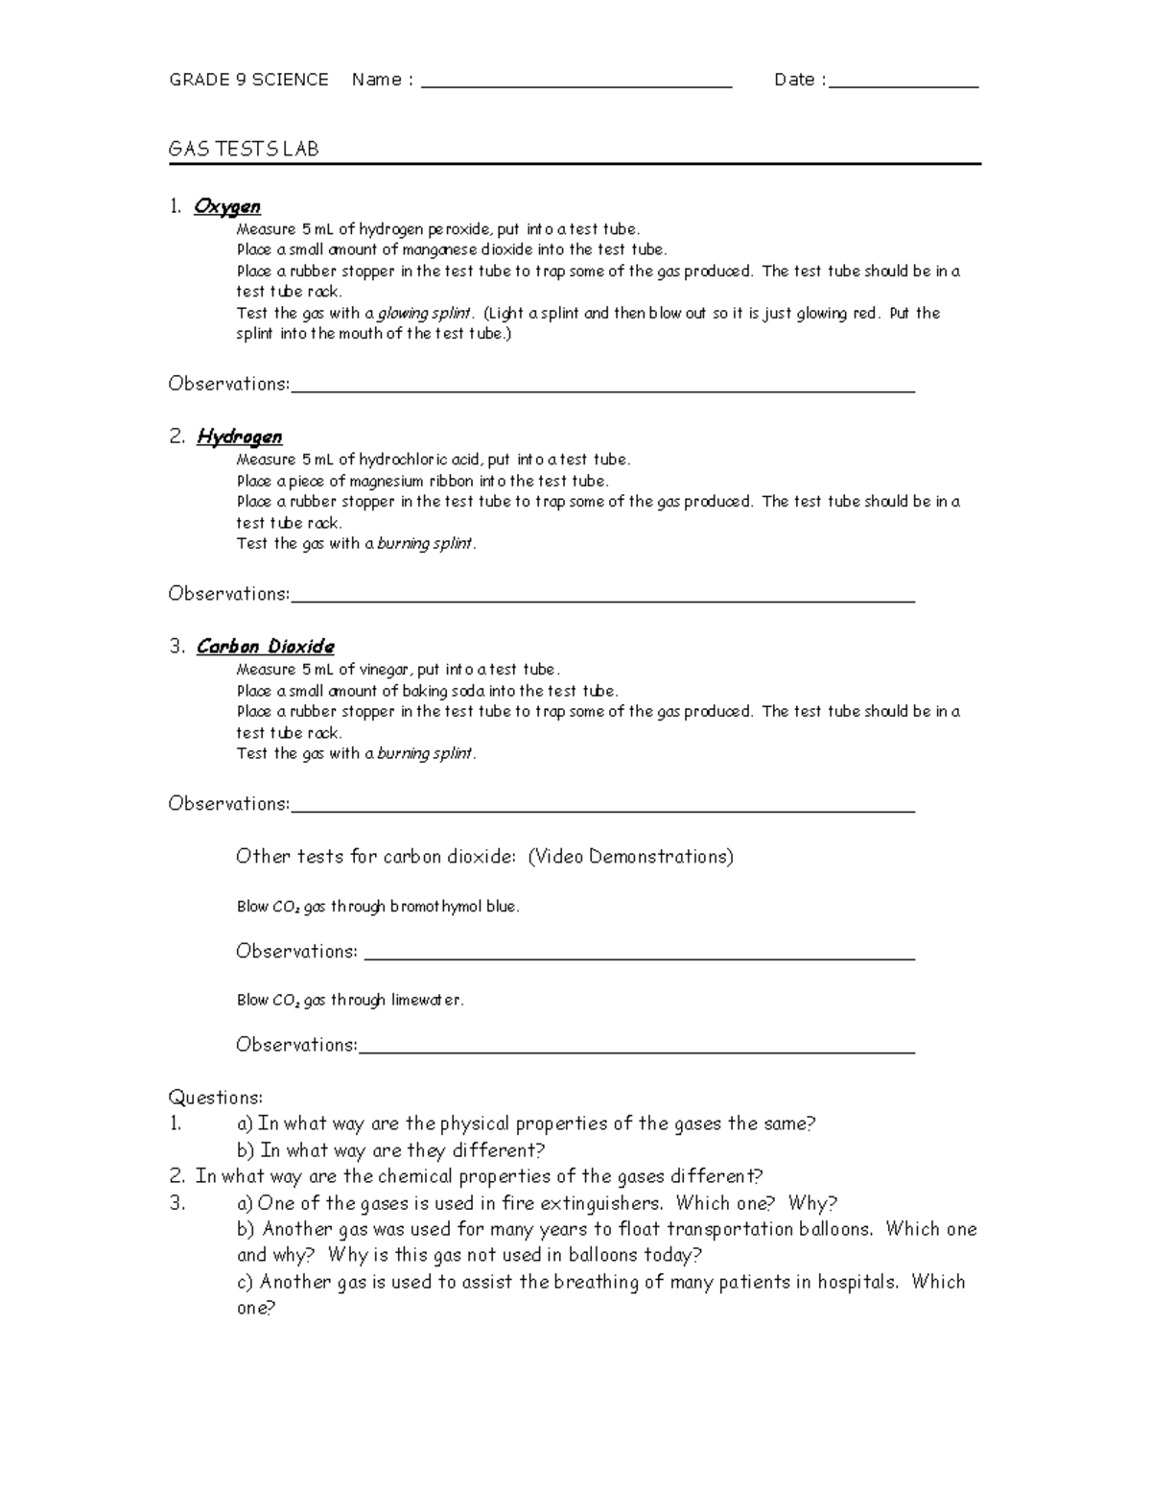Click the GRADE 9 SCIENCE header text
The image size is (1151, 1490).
click(x=248, y=80)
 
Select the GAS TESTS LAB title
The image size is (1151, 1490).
click(x=244, y=149)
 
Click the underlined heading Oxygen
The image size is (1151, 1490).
click(x=227, y=206)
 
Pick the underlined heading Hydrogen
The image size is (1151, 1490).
click(x=240, y=437)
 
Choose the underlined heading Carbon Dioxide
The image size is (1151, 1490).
click(x=266, y=647)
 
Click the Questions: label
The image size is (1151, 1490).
click(x=215, y=1098)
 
